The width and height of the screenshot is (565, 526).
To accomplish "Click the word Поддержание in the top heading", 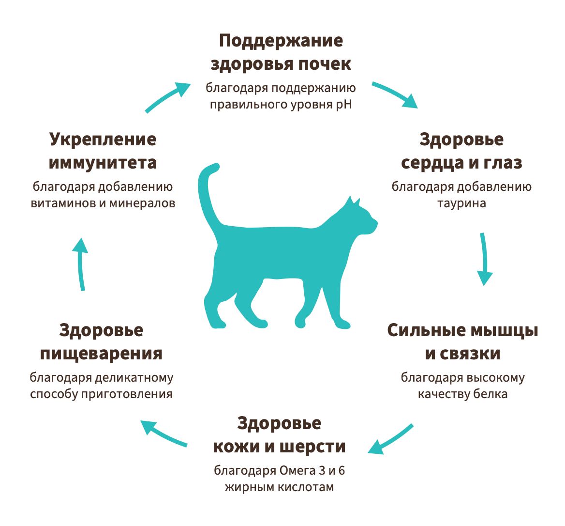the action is pyautogui.click(x=281, y=41).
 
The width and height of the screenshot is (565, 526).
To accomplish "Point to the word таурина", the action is pyautogui.click(x=461, y=203).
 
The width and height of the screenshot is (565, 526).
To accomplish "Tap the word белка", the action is pyautogui.click(x=490, y=394).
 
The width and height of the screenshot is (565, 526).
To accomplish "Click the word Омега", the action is pyautogui.click(x=296, y=471).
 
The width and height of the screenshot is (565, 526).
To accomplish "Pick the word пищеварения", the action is pyautogui.click(x=101, y=354).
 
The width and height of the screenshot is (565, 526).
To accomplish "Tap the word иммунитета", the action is pyautogui.click(x=103, y=163).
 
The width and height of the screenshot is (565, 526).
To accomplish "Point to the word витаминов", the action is pyautogui.click(x=63, y=203).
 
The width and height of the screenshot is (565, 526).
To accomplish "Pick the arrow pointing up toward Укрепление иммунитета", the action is pyautogui.click(x=81, y=263).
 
